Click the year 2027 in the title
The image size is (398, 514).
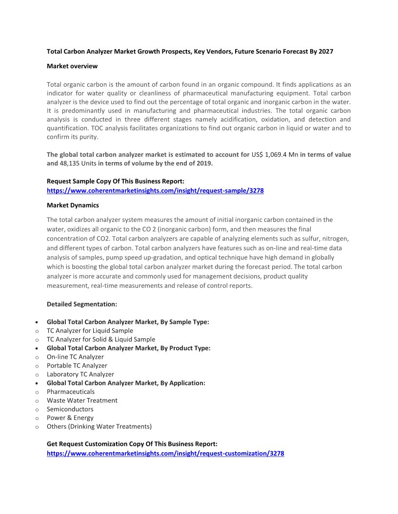pyautogui.click(x=326, y=51)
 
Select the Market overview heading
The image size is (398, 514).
pyautogui.click(x=72, y=66)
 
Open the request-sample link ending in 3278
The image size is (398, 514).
pyautogui.click(x=155, y=191)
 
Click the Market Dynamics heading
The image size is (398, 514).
pyautogui.click(x=73, y=205)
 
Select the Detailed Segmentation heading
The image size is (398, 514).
pyautogui.click(x=82, y=304)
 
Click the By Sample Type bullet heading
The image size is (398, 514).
pyautogui.click(x=128, y=322)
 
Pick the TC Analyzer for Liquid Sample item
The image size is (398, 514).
pyautogui.click(x=90, y=330)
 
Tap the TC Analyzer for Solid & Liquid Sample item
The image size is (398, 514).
pyautogui.click(x=101, y=339)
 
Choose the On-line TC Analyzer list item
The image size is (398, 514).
pyautogui.click(x=75, y=357)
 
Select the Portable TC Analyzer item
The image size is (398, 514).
pyautogui.click(x=77, y=366)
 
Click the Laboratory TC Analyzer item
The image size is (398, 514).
pyautogui.click(x=80, y=374)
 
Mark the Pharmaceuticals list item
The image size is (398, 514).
pyautogui.click(x=71, y=392)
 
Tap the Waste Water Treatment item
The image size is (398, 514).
pyautogui.click(x=82, y=401)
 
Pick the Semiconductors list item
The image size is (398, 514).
pyautogui.click(x=70, y=409)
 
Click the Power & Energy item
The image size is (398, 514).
pyautogui.click(x=70, y=418)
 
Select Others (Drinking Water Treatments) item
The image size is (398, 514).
pyautogui.click(x=99, y=427)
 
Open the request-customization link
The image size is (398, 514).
pyautogui.click(x=165, y=454)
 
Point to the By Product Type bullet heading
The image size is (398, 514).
pyautogui.click(x=129, y=348)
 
